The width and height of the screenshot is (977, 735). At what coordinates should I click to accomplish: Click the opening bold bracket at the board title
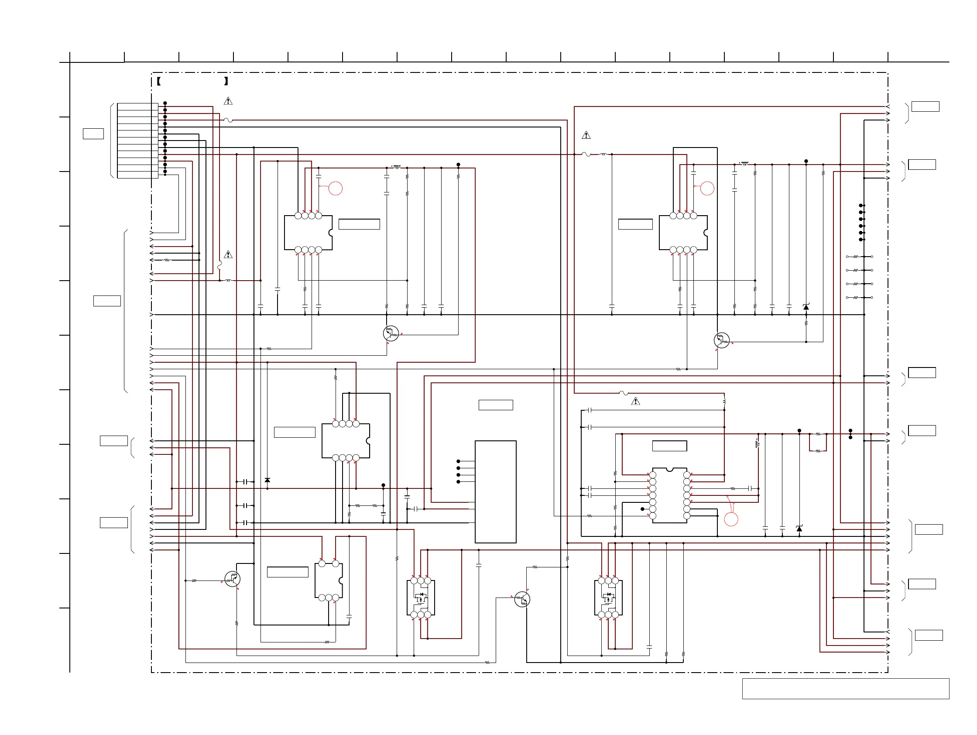point(158,81)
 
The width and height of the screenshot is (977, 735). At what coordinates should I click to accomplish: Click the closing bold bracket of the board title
point(226,81)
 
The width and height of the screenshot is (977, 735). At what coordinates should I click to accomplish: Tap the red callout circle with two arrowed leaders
point(731,519)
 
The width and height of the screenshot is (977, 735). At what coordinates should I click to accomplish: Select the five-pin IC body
point(328,581)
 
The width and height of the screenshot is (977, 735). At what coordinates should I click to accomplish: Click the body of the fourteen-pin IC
point(670,495)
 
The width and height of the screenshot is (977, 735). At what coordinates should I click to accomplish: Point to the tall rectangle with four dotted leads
point(496,491)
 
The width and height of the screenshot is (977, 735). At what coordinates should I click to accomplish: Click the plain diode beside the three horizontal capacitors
point(267,480)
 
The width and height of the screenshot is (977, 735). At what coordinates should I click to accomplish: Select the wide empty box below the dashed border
point(845,689)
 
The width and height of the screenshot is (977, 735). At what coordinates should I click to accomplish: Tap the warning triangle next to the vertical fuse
point(228,254)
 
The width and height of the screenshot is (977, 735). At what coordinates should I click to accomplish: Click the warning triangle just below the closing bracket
point(228,101)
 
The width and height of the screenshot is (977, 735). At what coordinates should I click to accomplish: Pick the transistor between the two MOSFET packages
point(522,599)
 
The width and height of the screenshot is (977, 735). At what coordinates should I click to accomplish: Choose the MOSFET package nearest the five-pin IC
point(421,598)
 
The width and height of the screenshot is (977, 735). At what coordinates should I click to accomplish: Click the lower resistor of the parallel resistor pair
point(818,451)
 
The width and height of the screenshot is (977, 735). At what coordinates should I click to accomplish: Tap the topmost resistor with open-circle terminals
point(856,257)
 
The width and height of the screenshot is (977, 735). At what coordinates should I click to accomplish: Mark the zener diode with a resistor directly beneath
point(806,307)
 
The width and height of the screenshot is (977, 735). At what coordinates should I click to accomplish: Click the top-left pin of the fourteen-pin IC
point(653,475)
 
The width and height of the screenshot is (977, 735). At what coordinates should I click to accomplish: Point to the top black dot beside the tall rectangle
point(459,461)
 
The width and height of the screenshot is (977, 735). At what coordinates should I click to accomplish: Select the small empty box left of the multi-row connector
point(93,134)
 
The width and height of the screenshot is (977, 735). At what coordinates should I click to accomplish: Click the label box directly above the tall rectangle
point(496,405)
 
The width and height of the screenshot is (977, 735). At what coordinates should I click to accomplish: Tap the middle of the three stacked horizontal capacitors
point(245,505)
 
